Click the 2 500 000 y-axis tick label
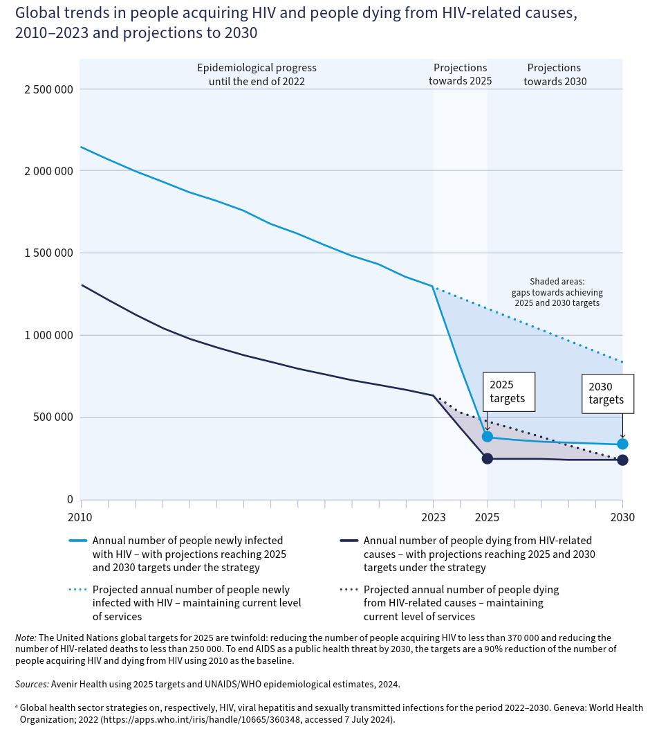coord(44,89)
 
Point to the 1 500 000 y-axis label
coord(44,253)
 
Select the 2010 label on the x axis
coord(81,516)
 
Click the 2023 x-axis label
coord(434,516)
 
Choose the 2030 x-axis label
coord(622,516)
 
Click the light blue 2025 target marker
coord(488,437)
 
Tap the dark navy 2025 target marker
coord(488,458)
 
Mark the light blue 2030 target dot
coord(622,444)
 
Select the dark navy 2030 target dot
coord(622,460)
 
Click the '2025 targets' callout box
coord(509,392)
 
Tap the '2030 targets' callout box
coord(607,393)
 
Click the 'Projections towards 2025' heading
coord(460,74)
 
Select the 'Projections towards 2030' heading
coord(554,74)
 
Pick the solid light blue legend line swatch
coord(77,541)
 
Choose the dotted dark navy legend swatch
coord(348,590)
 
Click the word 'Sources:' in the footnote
coord(31,684)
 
